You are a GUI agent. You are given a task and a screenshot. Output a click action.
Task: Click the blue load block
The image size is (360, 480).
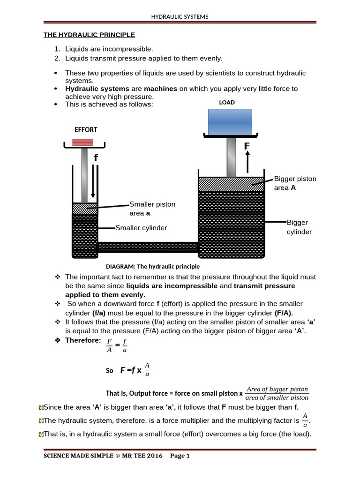coord(230,121)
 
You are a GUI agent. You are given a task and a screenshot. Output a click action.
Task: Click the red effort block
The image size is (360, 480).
coord(82,142)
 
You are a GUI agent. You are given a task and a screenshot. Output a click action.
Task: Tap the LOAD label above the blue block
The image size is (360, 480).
coord(227,102)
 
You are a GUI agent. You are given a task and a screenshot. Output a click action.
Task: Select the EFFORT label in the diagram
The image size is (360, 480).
coord(86,129)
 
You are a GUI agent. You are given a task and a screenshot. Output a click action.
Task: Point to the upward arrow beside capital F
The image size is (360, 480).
coord(247,161)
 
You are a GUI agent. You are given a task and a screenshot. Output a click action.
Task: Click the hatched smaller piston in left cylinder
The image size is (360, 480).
coord(84,209)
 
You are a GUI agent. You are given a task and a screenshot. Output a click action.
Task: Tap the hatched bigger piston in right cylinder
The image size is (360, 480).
coord(231,184)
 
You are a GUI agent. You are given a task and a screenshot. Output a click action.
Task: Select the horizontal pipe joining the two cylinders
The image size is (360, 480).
coord(148,247)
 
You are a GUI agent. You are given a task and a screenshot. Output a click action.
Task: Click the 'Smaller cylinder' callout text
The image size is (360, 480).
coord(141,228)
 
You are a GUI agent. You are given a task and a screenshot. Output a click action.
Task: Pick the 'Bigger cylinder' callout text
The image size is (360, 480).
coord(299,227)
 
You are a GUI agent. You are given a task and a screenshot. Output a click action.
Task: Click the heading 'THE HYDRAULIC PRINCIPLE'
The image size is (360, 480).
coord(89,35)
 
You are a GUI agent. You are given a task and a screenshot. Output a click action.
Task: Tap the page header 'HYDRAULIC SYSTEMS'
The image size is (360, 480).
coord(180,17)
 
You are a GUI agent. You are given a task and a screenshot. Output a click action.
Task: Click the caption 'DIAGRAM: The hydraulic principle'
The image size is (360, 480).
coord(153,266)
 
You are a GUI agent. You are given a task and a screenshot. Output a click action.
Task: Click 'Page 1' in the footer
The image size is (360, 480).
coord(180,455)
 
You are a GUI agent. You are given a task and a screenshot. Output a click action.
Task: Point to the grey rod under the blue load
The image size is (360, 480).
coord(231,157)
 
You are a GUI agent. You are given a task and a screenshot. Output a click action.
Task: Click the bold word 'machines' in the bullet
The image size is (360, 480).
coord(160,89)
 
